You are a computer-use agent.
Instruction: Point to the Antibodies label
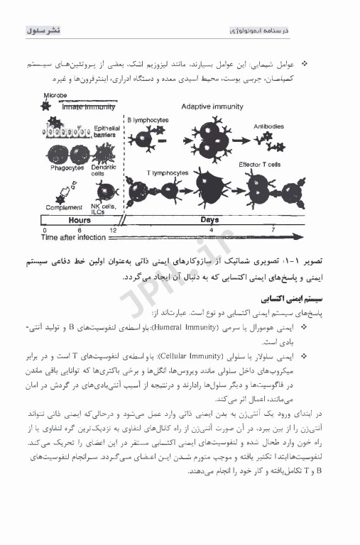click(x=271, y=126)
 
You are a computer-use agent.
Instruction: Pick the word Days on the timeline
click(x=210, y=221)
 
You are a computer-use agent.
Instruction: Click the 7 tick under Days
click(x=273, y=231)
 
